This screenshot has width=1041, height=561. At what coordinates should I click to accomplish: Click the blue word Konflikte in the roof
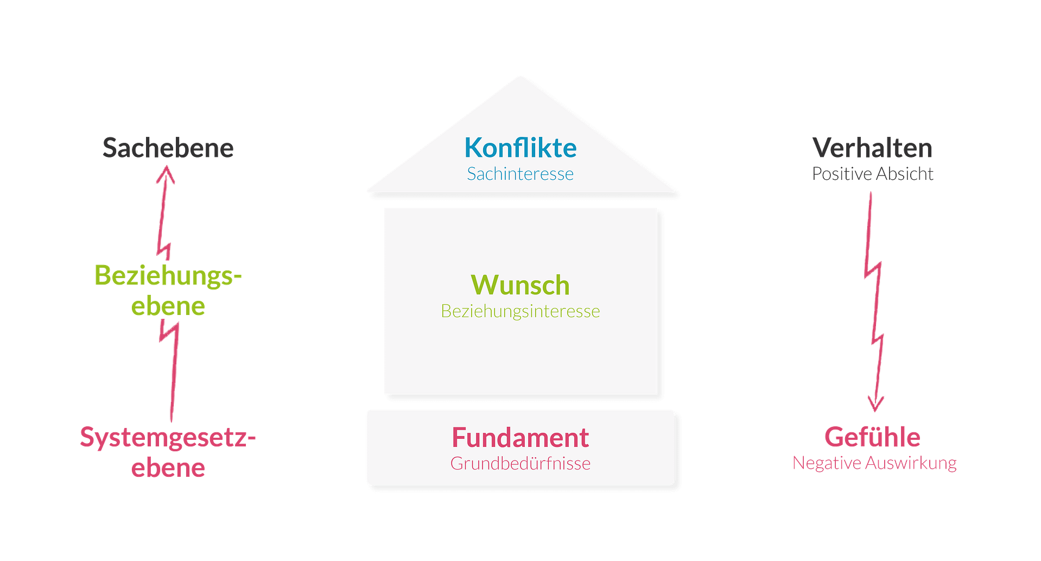(x=520, y=148)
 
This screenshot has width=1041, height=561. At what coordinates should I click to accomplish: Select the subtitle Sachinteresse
(x=520, y=174)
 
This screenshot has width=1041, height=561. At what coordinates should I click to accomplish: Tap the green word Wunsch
(x=520, y=285)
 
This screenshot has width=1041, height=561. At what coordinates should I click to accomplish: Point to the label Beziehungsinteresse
(x=520, y=311)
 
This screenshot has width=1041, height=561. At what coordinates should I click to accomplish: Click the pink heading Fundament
(x=520, y=438)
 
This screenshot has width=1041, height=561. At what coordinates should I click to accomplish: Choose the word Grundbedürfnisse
(x=520, y=463)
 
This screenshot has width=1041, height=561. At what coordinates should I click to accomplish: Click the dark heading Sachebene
(x=168, y=148)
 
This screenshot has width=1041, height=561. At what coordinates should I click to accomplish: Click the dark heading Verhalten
(x=872, y=148)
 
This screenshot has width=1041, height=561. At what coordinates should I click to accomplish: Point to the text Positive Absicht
(x=873, y=174)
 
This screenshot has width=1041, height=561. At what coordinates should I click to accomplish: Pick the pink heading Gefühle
(x=872, y=437)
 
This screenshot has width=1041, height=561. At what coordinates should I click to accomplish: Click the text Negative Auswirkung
(x=874, y=463)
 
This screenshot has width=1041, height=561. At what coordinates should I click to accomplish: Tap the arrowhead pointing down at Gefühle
(x=875, y=405)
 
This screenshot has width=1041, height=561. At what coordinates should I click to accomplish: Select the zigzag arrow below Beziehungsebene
(x=173, y=369)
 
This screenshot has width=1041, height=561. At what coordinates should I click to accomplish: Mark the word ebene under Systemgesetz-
(x=168, y=468)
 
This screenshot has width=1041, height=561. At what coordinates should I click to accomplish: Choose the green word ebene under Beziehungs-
(x=168, y=307)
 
